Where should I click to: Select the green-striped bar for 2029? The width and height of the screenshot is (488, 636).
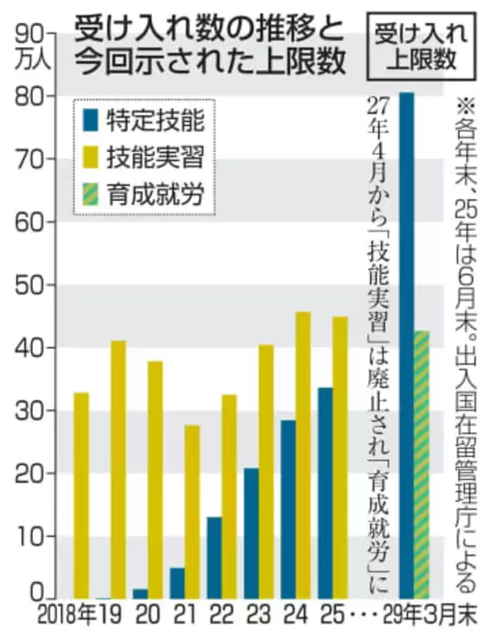tap(421, 464)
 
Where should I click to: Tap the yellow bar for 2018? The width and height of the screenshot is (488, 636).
tap(81, 495)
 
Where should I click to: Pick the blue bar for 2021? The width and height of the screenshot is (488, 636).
tap(176, 583)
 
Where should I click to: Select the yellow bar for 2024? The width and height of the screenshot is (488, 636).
tap(303, 455)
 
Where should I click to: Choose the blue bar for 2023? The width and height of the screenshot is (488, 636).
tap(251, 534)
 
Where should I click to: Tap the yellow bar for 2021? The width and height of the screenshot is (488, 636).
tap(192, 512)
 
